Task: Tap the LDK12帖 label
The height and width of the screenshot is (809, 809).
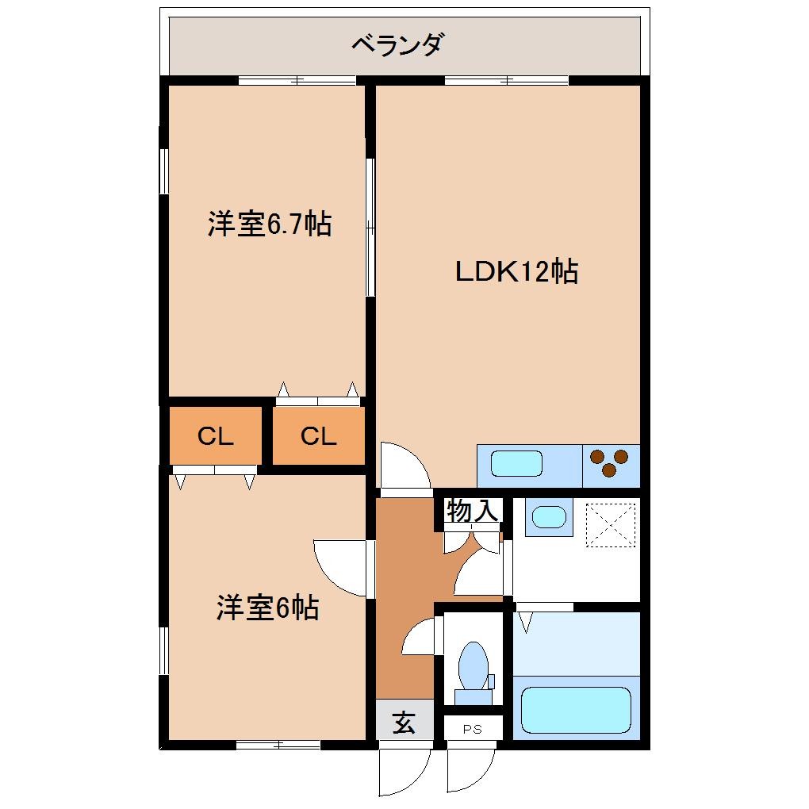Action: [516, 272]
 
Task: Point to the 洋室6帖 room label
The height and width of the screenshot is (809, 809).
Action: [268, 608]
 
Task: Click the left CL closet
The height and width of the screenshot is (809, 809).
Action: [215, 436]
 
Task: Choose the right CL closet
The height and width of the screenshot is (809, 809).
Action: [318, 436]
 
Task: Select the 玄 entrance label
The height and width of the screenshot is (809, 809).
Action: [404, 723]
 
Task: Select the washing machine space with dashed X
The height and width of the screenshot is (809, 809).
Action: [611, 523]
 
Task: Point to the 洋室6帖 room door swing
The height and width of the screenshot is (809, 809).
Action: [339, 566]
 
